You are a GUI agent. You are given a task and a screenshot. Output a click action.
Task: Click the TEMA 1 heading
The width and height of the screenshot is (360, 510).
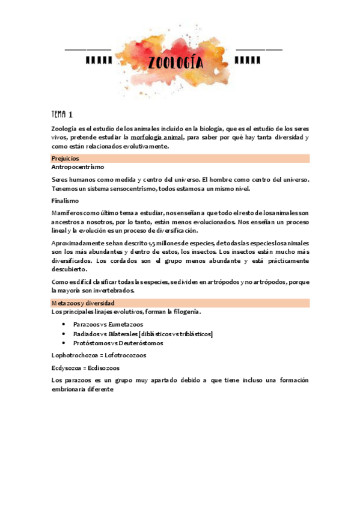[63, 114]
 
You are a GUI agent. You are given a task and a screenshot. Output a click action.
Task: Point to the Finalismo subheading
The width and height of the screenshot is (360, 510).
[66, 200]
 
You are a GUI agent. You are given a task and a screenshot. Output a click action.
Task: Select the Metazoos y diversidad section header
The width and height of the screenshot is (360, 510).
[83, 303]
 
